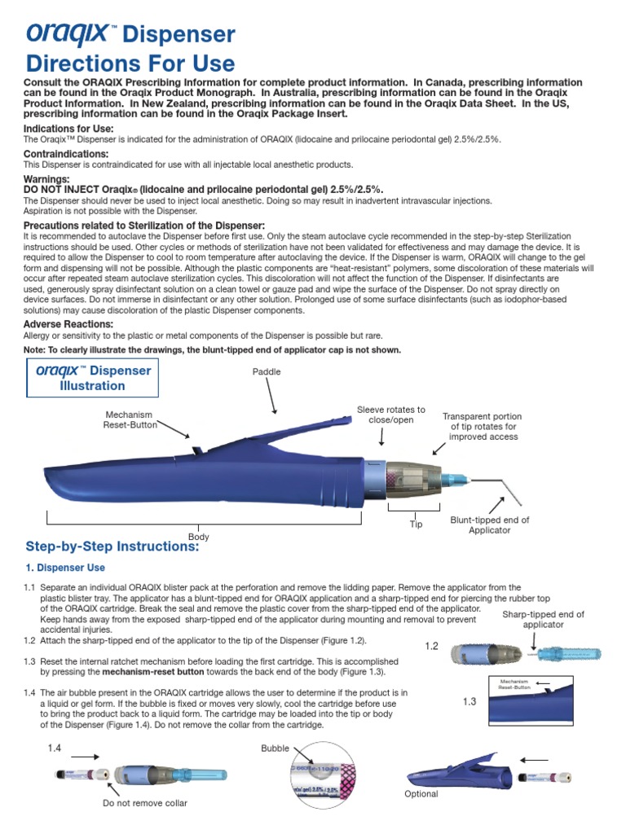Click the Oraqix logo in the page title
[x=69, y=33]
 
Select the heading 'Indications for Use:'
[x=68, y=129]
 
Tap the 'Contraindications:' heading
[x=66, y=154]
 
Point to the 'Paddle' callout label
[x=266, y=371]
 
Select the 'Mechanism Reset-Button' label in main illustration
[x=128, y=419]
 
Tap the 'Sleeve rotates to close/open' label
[x=391, y=415]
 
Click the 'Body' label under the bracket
[x=199, y=537]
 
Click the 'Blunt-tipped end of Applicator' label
[x=489, y=525]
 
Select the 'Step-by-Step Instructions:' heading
[x=112, y=547]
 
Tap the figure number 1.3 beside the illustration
[x=469, y=701]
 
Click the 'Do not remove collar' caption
[x=144, y=803]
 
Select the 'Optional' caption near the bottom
[x=421, y=793]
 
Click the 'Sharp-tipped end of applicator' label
[x=543, y=619]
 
